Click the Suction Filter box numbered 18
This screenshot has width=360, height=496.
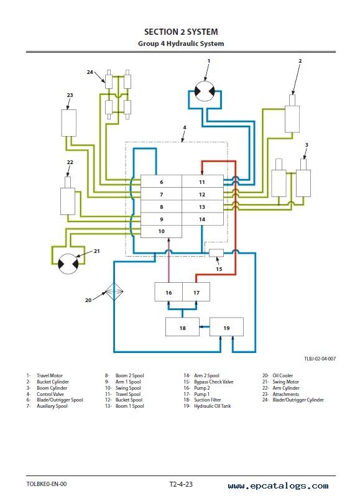(183, 327)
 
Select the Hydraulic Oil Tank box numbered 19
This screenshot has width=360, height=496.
(226, 327)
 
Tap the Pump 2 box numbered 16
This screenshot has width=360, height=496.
(168, 292)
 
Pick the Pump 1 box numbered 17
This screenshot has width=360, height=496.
(196, 292)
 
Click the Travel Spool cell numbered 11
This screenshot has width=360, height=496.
(203, 181)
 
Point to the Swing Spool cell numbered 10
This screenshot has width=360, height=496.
(161, 232)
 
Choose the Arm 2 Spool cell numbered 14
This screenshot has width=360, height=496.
(203, 219)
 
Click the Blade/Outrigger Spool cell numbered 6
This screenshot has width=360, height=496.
(161, 181)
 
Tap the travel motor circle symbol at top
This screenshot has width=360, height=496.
(205, 91)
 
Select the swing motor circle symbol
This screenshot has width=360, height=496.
(68, 264)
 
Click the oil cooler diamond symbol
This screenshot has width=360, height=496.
(114, 292)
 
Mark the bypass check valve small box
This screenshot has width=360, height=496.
(216, 253)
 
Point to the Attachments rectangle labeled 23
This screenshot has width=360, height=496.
(68, 123)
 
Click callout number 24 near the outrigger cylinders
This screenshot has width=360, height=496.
(90, 72)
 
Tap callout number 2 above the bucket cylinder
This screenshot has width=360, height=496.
(300, 61)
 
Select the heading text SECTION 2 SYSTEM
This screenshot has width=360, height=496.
(181, 32)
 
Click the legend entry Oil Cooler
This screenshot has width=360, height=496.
(283, 375)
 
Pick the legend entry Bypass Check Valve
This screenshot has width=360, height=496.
(214, 382)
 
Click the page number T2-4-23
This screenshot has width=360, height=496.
(181, 484)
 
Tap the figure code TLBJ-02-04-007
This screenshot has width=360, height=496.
(320, 359)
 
